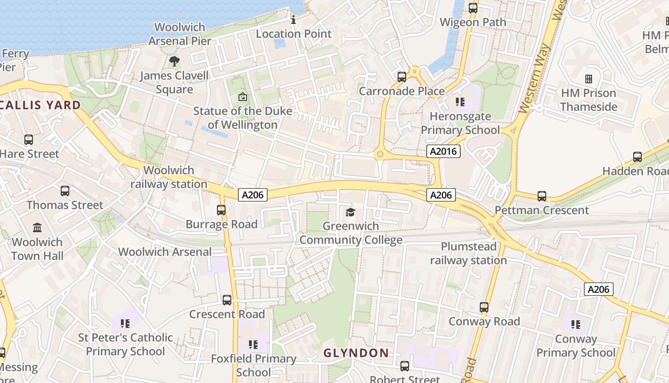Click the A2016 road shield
pyautogui.click(x=443, y=152)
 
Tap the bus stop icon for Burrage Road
pyautogui.click(x=221, y=210)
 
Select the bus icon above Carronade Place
pyautogui.click(x=402, y=77)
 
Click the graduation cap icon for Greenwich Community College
pyautogui.click(x=351, y=212)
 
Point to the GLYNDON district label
pyautogui.click(x=356, y=353)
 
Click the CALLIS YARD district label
pyautogui.click(x=41, y=105)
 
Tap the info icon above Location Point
pyautogui.click(x=293, y=20)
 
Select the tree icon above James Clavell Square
pyautogui.click(x=174, y=61)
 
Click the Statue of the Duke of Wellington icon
pyautogui.click(x=243, y=97)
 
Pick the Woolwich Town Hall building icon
pyautogui.click(x=37, y=227)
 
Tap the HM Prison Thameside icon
pyautogui.click(x=589, y=79)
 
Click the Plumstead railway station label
pyautogui.click(x=468, y=253)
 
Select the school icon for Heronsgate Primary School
pyautogui.click(x=460, y=101)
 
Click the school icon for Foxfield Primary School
pyautogui.click(x=253, y=344)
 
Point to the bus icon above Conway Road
pyautogui.click(x=484, y=307)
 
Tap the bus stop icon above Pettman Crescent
pyautogui.click(x=541, y=196)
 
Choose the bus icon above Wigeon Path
pyautogui.click(x=473, y=8)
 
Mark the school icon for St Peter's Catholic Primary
pyautogui.click(x=125, y=323)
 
